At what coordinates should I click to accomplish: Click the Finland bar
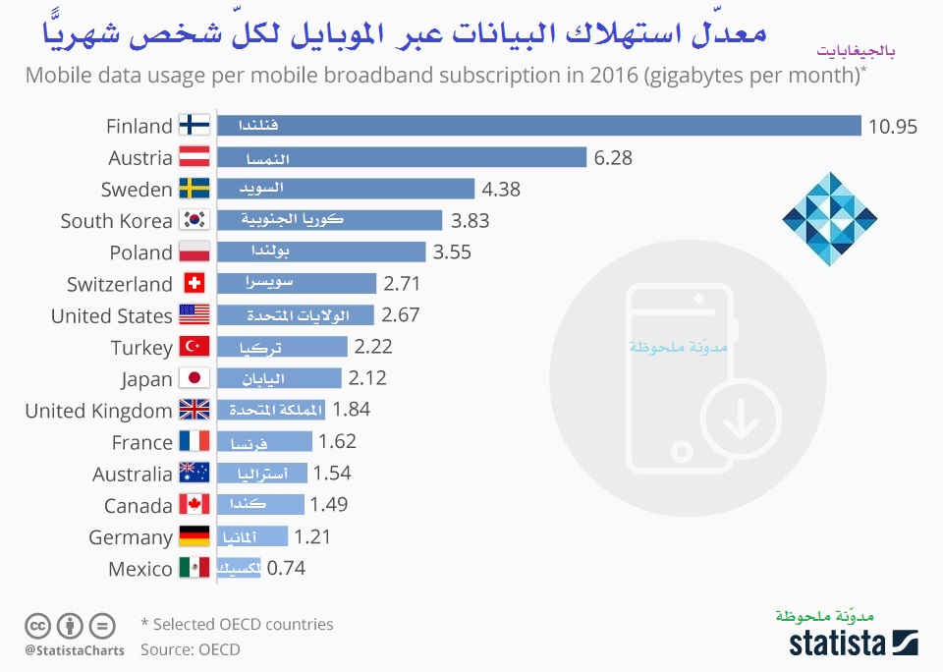pyautogui.click(x=538, y=126)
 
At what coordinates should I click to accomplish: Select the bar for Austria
pyautogui.click(x=402, y=157)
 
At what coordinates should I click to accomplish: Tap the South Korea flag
pyautogui.click(x=194, y=221)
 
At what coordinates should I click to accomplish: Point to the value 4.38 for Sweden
pyautogui.click(x=501, y=189)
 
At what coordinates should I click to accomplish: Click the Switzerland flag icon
pyautogui.click(x=194, y=284)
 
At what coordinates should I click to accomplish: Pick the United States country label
pyautogui.click(x=111, y=315)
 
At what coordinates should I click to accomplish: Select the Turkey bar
pyautogui.click(x=282, y=347)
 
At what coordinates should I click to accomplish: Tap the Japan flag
pyautogui.click(x=194, y=379)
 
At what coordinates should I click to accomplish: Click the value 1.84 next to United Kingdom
pyautogui.click(x=352, y=410)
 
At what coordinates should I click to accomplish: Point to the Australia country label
pyautogui.click(x=133, y=474)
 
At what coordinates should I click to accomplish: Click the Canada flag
pyautogui.click(x=194, y=505)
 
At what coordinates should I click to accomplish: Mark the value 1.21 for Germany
pyautogui.click(x=313, y=536)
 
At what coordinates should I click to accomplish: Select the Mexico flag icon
pyautogui.click(x=194, y=568)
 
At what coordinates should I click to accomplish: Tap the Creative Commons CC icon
pyautogui.click(x=38, y=625)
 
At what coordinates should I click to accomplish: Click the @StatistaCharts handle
pyautogui.click(x=75, y=649)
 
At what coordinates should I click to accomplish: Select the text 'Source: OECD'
pyautogui.click(x=190, y=648)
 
